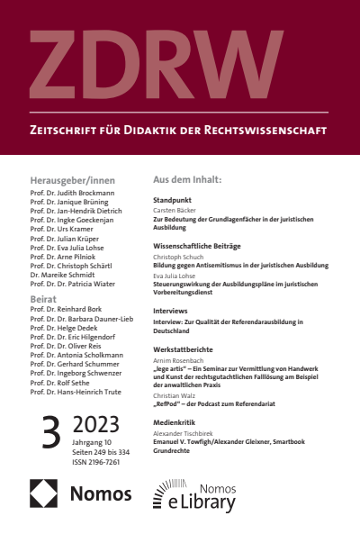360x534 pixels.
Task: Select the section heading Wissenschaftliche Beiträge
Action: (x=203, y=244)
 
